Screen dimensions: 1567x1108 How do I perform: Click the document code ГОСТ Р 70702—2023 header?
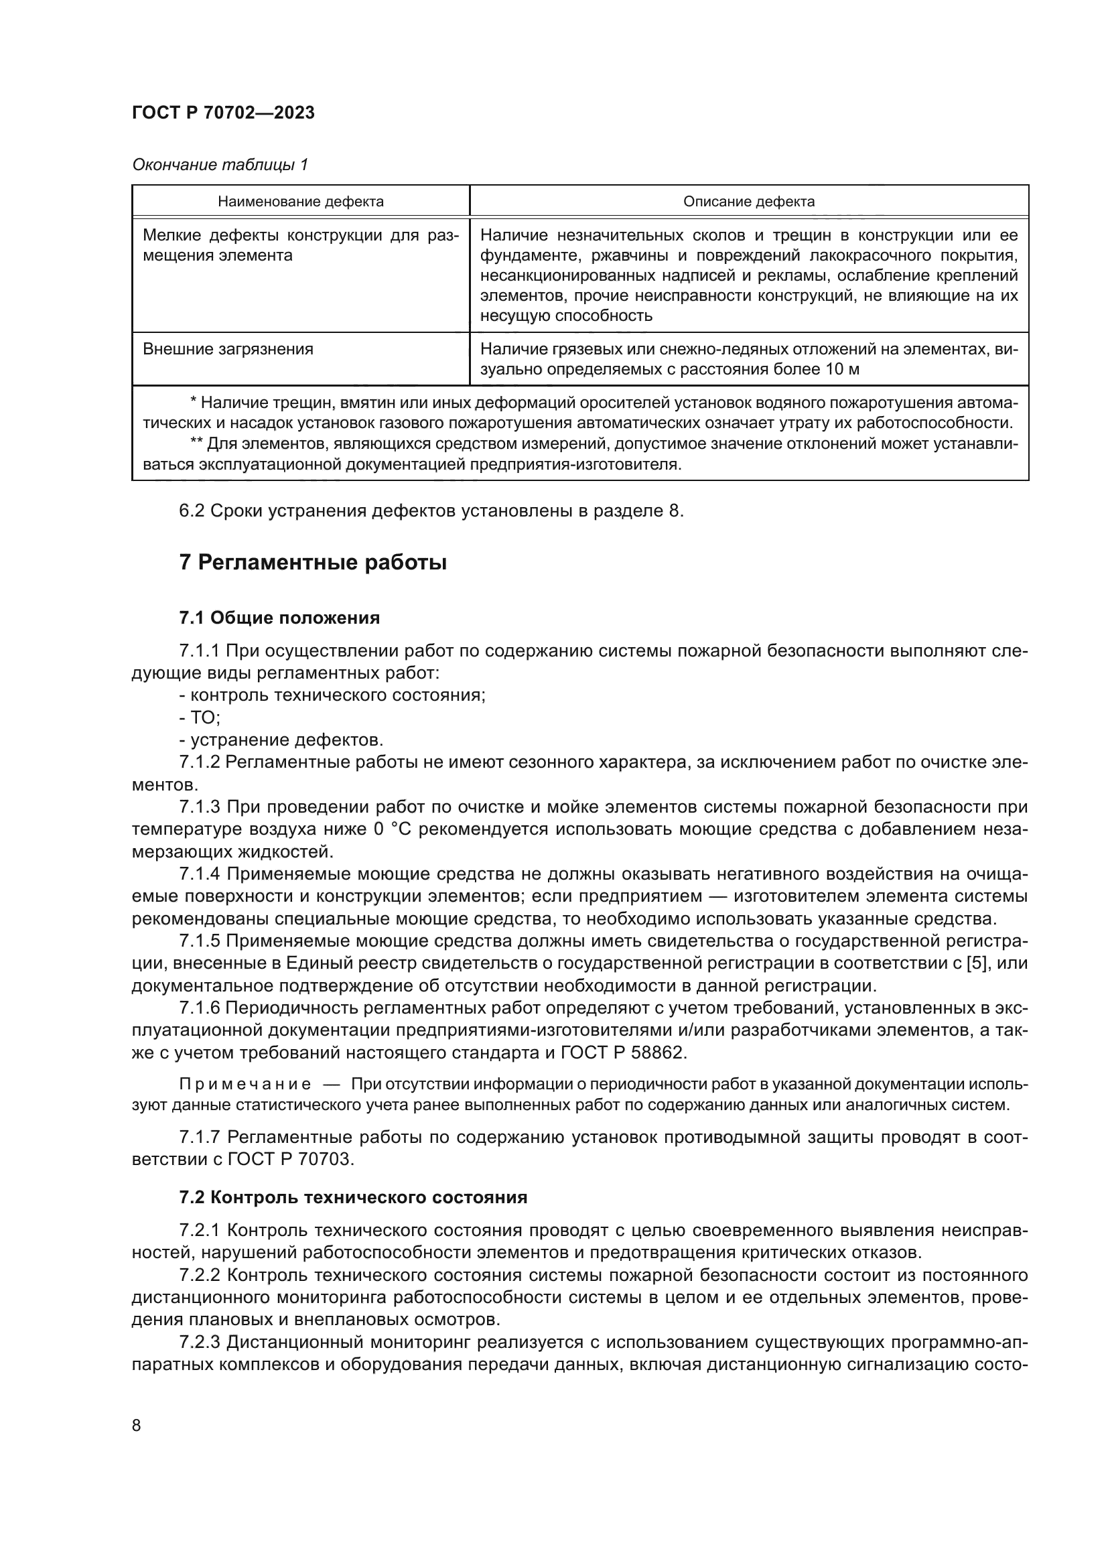[223, 113]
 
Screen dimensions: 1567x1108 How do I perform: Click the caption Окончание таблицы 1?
[220, 165]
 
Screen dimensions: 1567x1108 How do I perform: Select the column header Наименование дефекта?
[300, 202]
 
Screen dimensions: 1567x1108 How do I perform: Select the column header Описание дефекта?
[748, 202]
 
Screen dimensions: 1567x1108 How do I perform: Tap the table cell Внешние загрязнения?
[228, 350]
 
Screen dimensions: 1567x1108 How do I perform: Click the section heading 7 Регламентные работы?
[312, 563]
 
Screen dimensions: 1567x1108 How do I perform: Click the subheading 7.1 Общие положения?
[279, 618]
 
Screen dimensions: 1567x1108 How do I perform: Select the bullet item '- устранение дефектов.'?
[281, 740]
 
